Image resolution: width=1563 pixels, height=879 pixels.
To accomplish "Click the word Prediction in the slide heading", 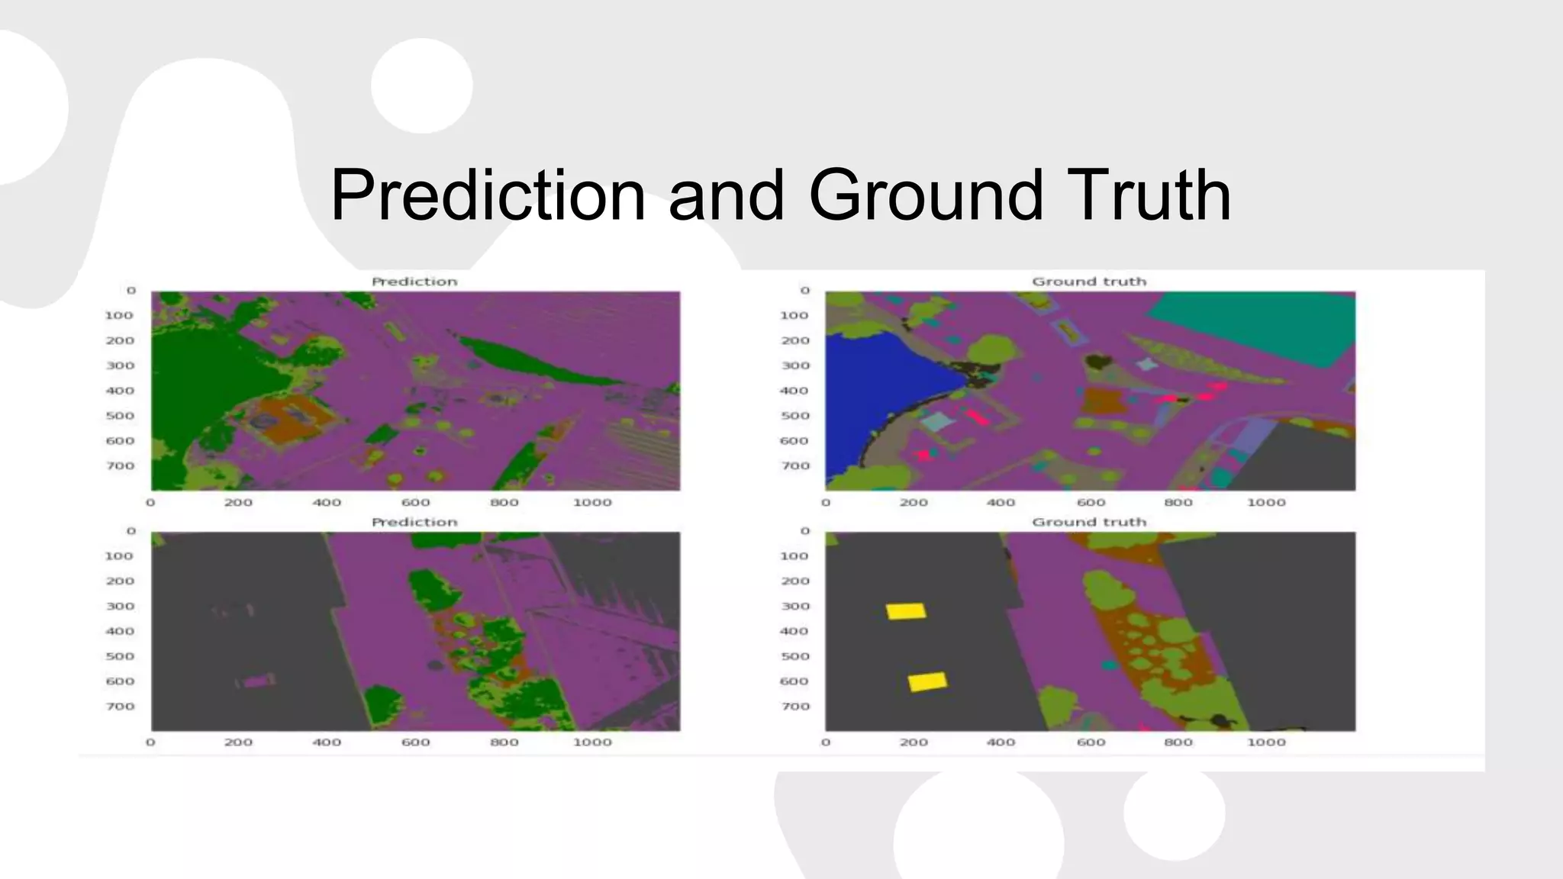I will tap(488, 195).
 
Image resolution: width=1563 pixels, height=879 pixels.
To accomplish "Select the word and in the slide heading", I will tap(726, 195).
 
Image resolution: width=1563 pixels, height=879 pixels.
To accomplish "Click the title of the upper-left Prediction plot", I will tap(414, 282).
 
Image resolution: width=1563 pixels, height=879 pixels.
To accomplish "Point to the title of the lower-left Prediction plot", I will tap(414, 522).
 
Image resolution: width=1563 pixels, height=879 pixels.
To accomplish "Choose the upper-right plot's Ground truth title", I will tap(1089, 282).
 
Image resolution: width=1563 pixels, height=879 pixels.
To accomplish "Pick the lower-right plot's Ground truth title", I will tap(1089, 522).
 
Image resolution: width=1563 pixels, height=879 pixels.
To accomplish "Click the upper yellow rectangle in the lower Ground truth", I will tap(906, 611).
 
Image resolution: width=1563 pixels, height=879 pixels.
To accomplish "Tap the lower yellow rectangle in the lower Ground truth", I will tap(927, 681).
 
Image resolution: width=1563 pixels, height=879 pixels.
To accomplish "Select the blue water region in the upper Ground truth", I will tap(878, 397).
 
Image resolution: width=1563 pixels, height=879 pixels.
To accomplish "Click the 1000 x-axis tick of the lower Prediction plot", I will tap(592, 742).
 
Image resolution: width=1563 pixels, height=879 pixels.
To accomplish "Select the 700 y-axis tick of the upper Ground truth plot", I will tap(794, 466).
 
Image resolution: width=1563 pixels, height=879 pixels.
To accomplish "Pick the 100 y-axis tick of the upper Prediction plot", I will tap(119, 315).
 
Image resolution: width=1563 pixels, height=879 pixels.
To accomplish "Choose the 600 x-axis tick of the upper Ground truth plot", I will tap(1091, 503).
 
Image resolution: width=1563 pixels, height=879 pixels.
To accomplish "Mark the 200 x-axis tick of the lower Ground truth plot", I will tap(914, 742).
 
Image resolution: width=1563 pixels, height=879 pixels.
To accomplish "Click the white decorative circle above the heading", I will tap(422, 85).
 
